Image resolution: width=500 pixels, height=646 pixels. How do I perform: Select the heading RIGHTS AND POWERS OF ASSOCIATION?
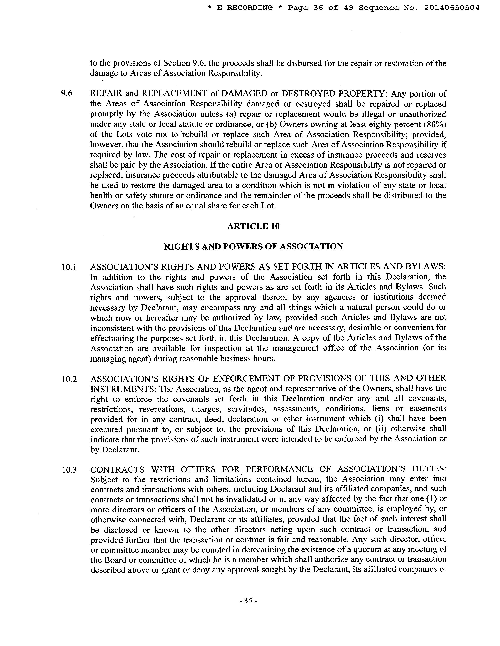click(x=253, y=246)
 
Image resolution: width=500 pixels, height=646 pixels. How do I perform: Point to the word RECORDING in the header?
click(x=250, y=8)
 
